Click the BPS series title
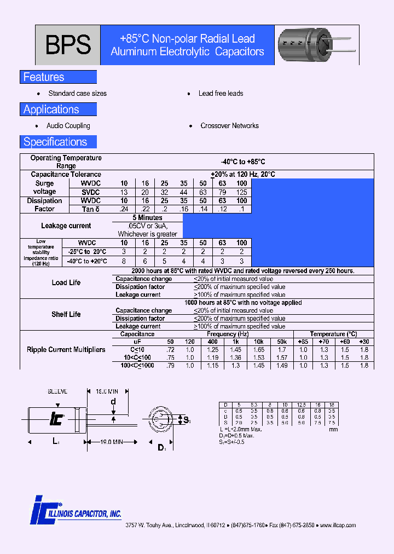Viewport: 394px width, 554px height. coord(68,45)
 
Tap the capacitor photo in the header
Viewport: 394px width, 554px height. coord(304,45)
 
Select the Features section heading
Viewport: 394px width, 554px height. coord(44,77)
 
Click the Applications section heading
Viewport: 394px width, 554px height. coord(51,109)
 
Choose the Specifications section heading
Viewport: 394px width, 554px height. coord(55,142)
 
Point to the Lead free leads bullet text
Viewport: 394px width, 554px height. coord(221,94)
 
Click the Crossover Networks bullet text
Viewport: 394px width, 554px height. coord(229,126)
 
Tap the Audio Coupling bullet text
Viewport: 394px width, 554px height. coord(68,126)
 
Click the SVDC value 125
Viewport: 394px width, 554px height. coord(241,192)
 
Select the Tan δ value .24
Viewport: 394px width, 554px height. coord(124,209)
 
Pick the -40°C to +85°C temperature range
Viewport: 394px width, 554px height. coord(243,162)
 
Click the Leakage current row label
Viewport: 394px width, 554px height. coord(66,226)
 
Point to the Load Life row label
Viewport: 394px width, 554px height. coord(66,282)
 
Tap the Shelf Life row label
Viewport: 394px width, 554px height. coord(66,314)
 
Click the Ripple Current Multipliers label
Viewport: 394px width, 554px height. coord(66,350)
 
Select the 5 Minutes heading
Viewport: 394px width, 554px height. coord(147,218)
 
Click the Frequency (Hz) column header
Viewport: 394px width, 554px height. coord(228,334)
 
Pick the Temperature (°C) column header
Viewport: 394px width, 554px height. coord(333,334)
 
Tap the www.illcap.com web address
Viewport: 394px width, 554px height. coord(337,525)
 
